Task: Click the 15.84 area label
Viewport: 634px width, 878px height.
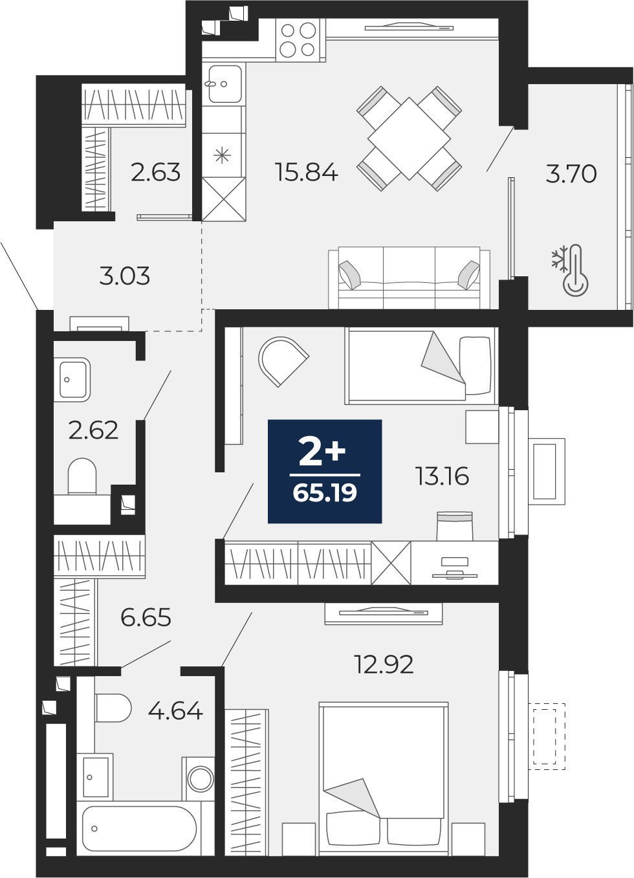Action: pyautogui.click(x=307, y=172)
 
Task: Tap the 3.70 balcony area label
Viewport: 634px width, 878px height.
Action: pyautogui.click(x=571, y=173)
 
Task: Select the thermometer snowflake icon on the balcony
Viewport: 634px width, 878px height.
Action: pyautogui.click(x=570, y=270)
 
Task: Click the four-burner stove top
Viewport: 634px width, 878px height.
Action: pyautogui.click(x=298, y=40)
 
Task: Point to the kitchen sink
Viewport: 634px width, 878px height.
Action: pyautogui.click(x=224, y=84)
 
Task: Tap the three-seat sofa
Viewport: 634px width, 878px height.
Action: pyautogui.click(x=409, y=278)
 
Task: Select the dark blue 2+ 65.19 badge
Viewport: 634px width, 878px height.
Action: pyautogui.click(x=325, y=471)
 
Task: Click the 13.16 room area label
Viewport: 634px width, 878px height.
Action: pyautogui.click(x=443, y=477)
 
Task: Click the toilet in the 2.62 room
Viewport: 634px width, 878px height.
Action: pyautogui.click(x=82, y=476)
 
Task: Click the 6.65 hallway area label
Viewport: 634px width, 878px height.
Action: pyautogui.click(x=146, y=618)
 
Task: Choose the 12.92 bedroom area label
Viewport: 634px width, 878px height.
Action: pyautogui.click(x=384, y=664)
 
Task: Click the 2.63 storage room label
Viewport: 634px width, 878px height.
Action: pyautogui.click(x=155, y=173)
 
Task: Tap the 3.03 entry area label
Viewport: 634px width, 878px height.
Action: pyautogui.click(x=125, y=276)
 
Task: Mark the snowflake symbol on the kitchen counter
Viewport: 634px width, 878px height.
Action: pyautogui.click(x=222, y=155)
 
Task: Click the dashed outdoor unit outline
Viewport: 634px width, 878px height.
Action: pyautogui.click(x=547, y=736)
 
